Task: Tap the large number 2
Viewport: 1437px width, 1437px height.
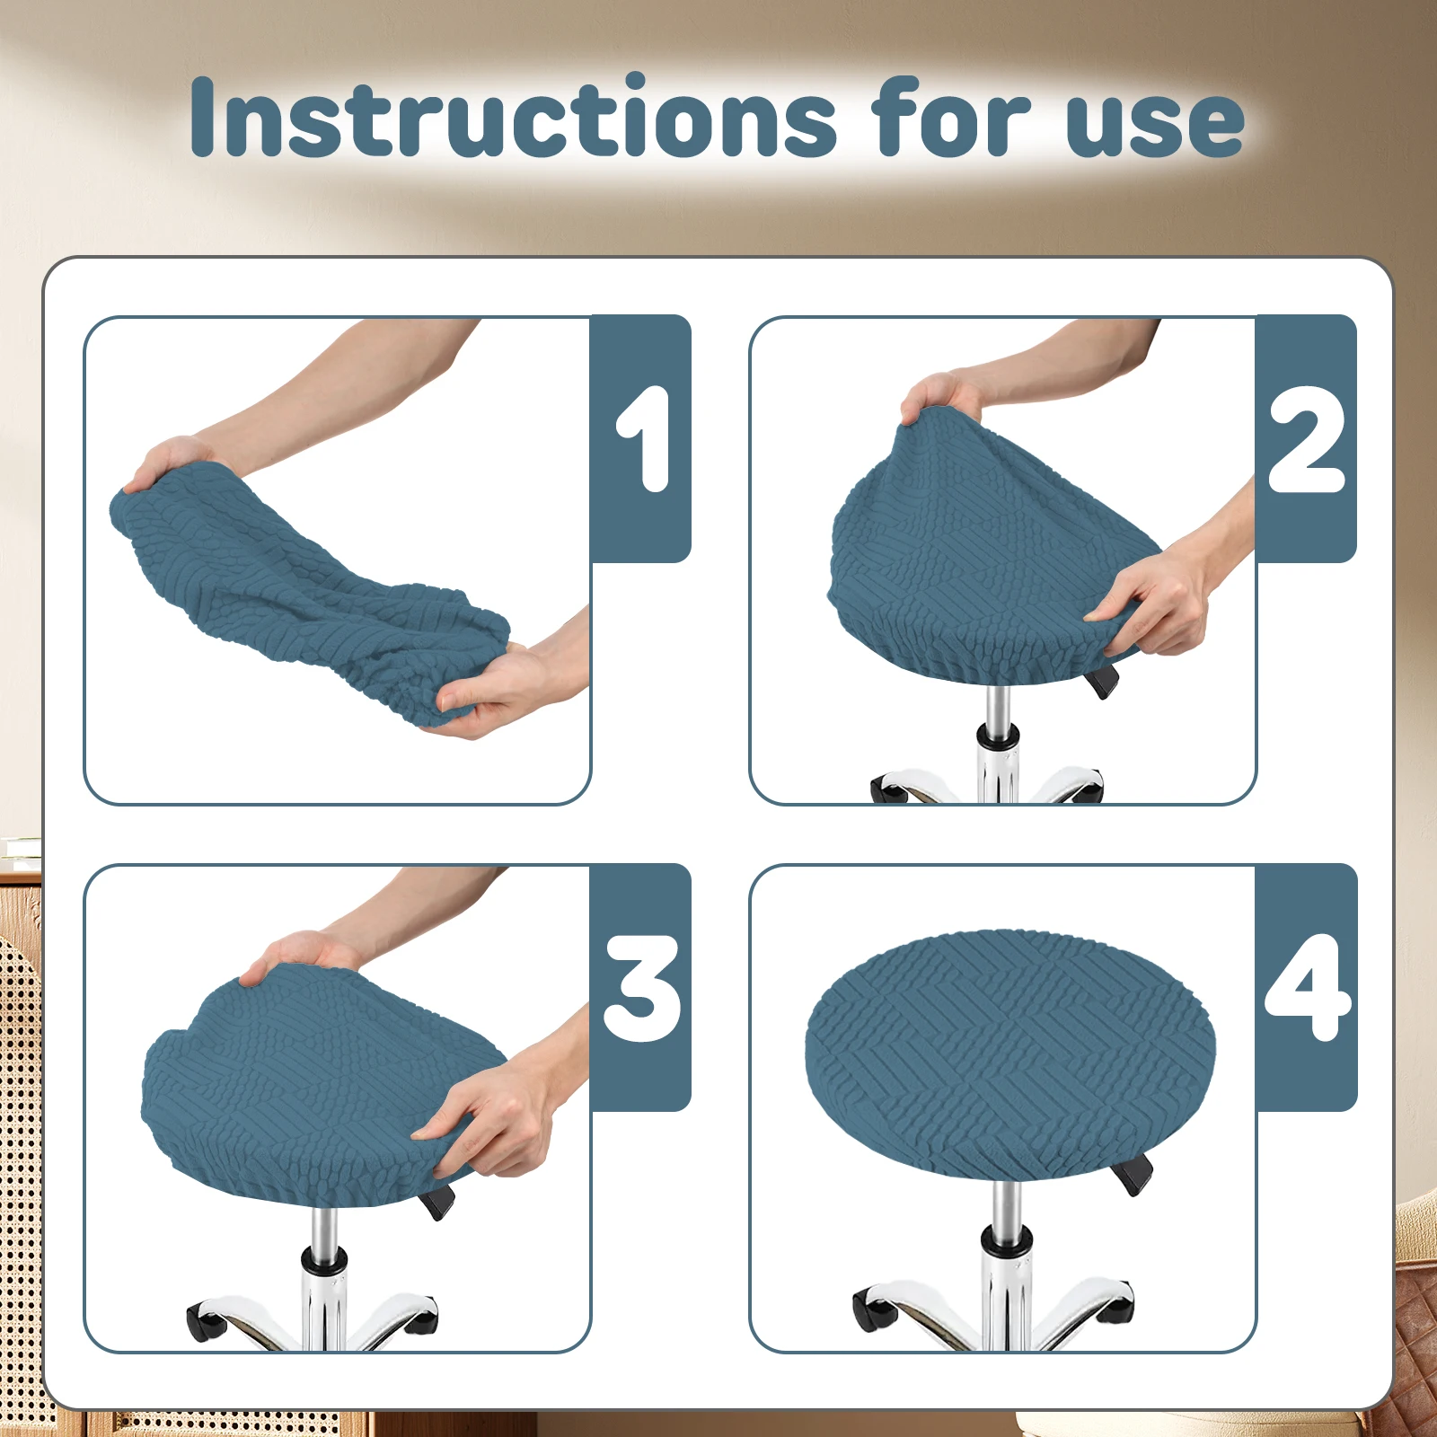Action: tap(1307, 440)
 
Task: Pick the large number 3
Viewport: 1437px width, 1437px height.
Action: tap(641, 988)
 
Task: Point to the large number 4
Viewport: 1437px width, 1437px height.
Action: tap(1307, 988)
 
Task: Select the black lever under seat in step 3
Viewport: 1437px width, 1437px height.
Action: tap(441, 1201)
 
